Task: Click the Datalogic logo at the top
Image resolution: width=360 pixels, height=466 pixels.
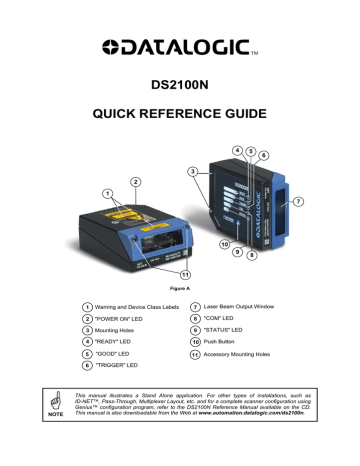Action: (179, 44)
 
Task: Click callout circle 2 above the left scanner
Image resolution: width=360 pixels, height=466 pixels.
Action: (134, 182)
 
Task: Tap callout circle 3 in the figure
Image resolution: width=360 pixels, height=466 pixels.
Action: (191, 172)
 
